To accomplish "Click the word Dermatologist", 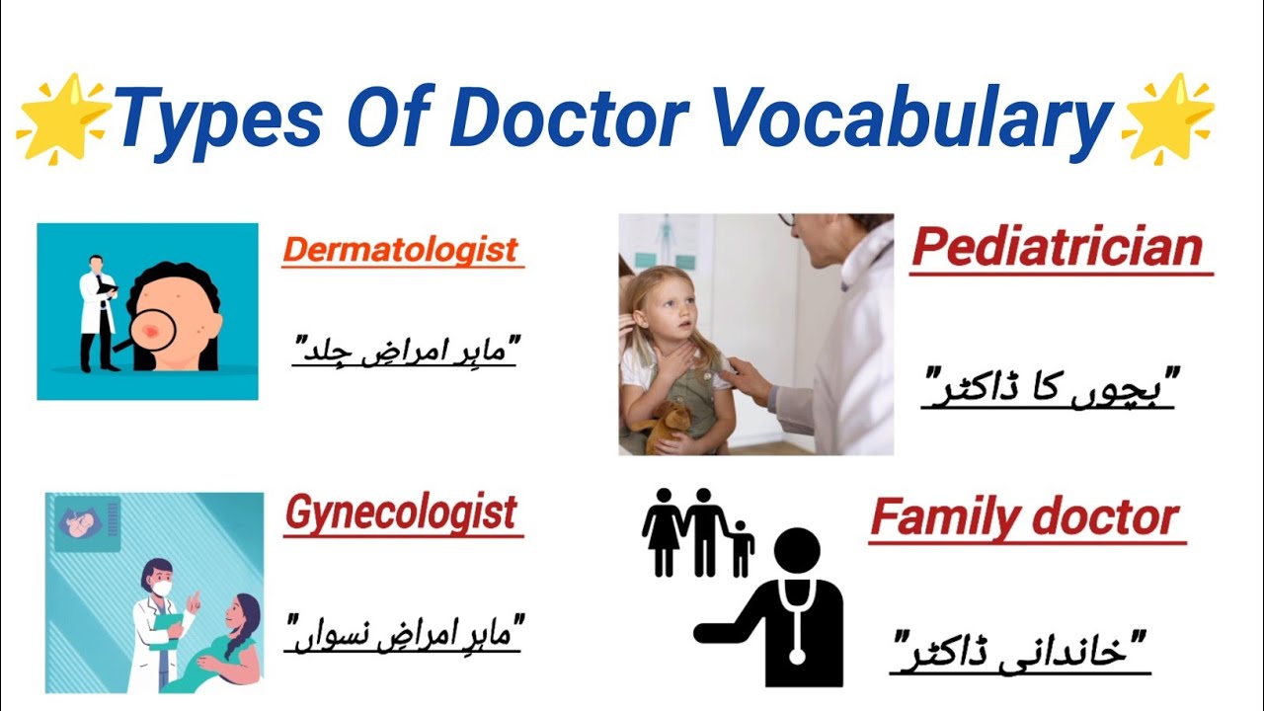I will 401,250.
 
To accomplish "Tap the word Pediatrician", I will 1058,249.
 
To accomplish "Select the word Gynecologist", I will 401,513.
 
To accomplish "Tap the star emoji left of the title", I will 62,118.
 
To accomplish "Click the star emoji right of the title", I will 1168,118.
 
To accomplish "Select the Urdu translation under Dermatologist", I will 405,351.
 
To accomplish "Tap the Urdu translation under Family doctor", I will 1022,653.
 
